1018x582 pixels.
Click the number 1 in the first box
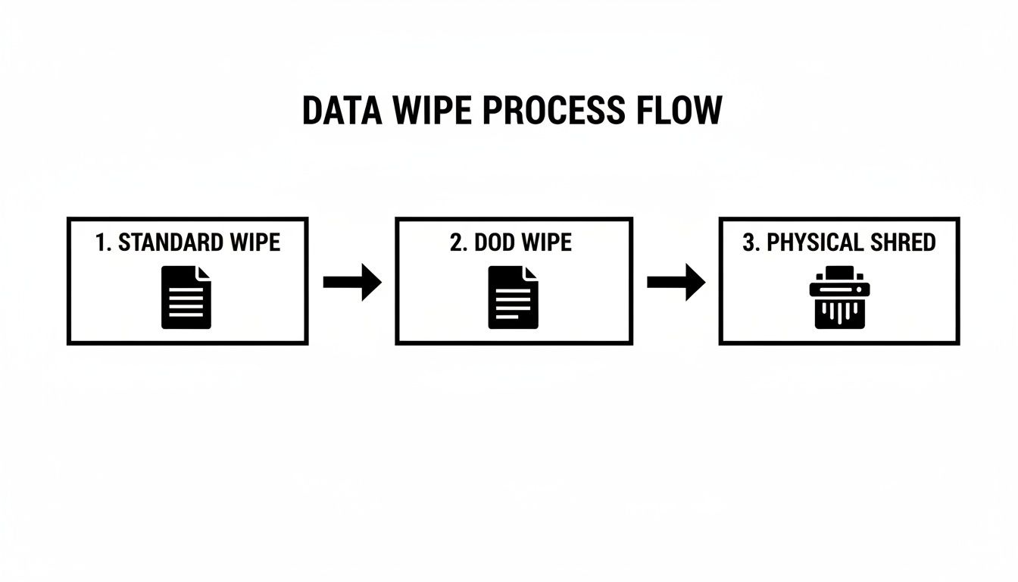click(101, 242)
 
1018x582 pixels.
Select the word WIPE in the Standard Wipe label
click(255, 242)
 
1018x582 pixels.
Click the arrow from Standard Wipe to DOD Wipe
click(352, 283)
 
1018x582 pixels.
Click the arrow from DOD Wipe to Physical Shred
click(676, 283)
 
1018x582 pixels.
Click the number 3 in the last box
click(750, 242)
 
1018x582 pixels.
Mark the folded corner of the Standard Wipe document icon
click(205, 272)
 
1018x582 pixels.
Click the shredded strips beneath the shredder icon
click(839, 314)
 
